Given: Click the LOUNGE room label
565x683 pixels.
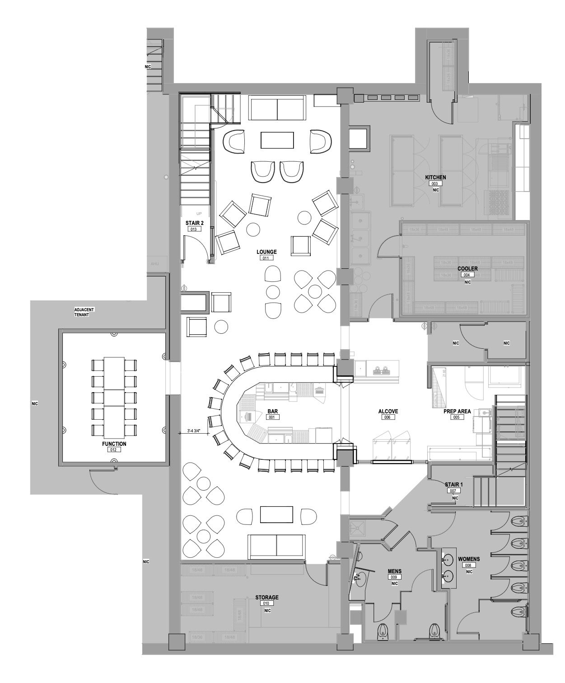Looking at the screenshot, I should click(266, 252).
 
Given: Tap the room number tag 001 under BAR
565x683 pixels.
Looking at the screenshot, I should click(272, 417).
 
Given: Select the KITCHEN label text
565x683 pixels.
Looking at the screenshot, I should click(435, 178).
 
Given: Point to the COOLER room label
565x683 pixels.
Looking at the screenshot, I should click(467, 268).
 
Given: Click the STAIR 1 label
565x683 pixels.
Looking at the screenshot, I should click(454, 485).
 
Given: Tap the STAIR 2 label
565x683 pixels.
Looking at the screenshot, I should click(194, 223).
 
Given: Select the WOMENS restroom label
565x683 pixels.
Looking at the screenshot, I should click(469, 559).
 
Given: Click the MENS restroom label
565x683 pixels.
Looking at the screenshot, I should click(395, 571).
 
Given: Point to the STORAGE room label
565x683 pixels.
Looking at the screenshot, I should click(266, 597).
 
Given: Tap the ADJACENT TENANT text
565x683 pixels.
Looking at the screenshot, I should click(84, 312).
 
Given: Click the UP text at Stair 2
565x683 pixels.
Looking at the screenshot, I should click(199, 214).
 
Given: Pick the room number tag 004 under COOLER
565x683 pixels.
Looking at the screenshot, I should click(467, 275).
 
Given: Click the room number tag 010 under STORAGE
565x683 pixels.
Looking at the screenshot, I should click(266, 603).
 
